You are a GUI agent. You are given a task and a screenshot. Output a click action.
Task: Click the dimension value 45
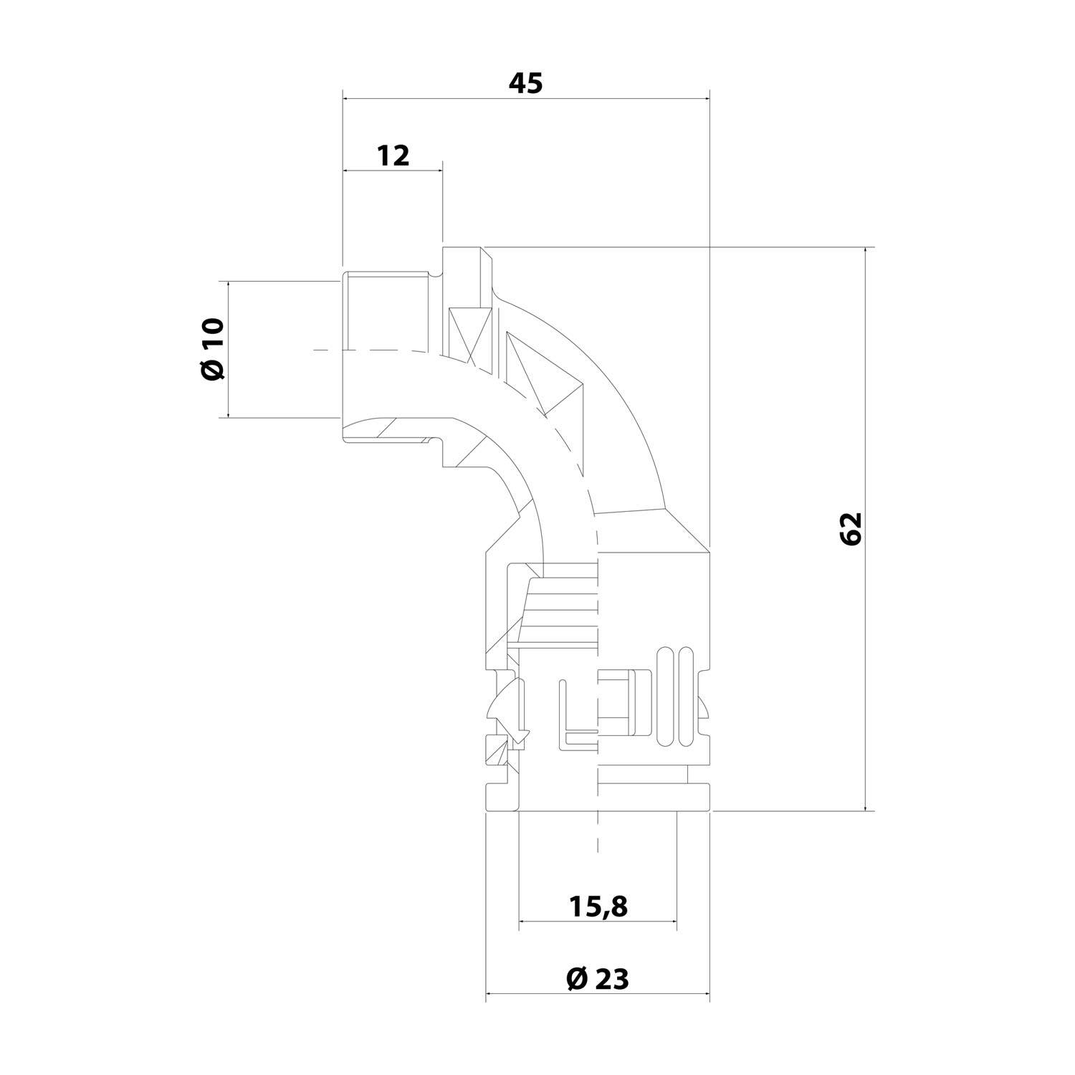525,84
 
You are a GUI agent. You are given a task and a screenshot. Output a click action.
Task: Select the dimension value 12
393,156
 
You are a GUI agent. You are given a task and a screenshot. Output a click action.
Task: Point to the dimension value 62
850,529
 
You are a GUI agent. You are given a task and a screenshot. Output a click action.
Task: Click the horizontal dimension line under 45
525,99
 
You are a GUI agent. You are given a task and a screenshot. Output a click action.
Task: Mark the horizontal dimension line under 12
393,171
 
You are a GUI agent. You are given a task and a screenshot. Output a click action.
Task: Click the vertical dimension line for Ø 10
229,350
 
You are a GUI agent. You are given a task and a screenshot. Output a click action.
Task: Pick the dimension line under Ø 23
597,993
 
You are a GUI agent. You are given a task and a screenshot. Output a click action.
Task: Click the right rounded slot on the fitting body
686,695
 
